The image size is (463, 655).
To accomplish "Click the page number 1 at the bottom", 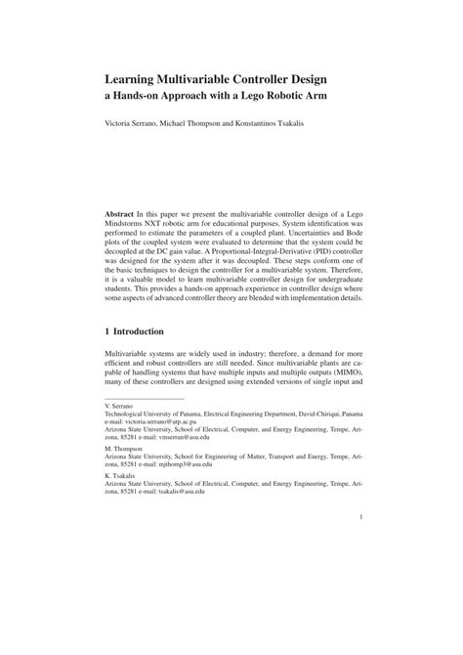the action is point(361,573).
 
